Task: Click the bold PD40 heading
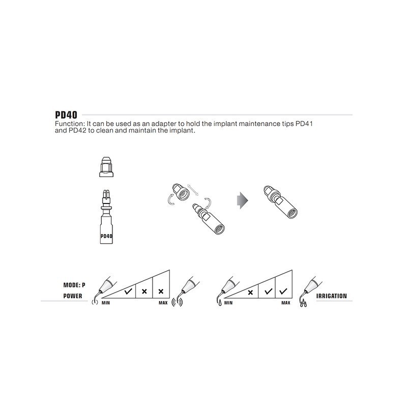(x=66, y=115)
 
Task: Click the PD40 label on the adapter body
(x=106, y=236)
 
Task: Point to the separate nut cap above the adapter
(x=106, y=167)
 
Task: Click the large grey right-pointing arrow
(x=243, y=200)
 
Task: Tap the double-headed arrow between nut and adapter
(x=193, y=190)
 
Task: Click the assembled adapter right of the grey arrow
(x=281, y=202)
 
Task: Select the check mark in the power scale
(x=128, y=291)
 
